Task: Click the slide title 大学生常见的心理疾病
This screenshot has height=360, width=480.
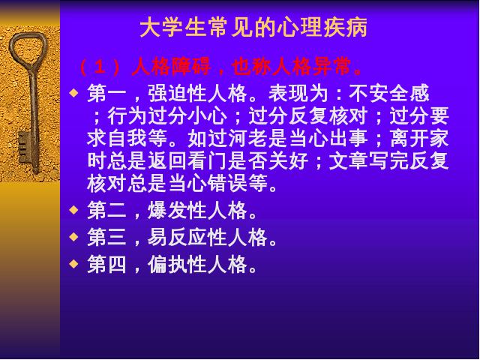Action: [253, 28]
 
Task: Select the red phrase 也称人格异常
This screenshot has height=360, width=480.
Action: [292, 67]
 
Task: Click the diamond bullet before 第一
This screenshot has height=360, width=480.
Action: [73, 92]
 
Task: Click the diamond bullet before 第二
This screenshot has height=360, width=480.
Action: [73, 210]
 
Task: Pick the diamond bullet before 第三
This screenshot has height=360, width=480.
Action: [73, 237]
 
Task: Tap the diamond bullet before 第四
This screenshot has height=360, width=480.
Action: [73, 263]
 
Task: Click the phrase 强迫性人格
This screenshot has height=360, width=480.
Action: [198, 93]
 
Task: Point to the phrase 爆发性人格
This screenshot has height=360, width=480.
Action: [198, 211]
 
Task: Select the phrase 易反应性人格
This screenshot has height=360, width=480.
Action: [208, 237]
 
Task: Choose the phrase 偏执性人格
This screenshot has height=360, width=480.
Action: [198, 264]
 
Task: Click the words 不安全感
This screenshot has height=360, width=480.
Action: [389, 93]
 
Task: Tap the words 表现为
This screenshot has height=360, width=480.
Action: [298, 93]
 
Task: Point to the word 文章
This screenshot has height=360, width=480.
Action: [349, 161]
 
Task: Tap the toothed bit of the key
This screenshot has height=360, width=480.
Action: [24, 148]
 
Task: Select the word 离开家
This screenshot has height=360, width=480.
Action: [420, 138]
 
